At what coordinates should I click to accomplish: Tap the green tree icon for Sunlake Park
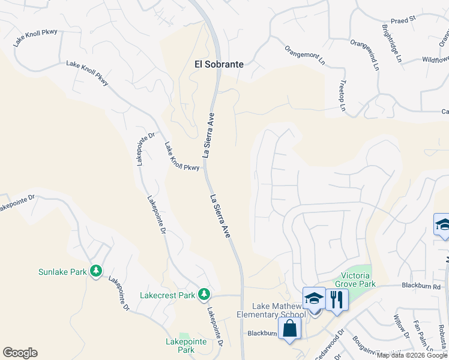point(95,271)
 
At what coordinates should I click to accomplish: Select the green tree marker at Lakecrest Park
point(205,294)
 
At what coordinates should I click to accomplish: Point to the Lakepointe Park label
point(186,346)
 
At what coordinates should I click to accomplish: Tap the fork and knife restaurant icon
point(337,298)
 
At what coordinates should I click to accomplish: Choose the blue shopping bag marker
point(289,328)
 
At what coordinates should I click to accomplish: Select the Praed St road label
point(403,20)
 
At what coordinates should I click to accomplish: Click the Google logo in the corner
point(20,353)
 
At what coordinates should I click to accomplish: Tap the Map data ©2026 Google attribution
point(411,355)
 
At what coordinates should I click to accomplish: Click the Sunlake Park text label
point(62,272)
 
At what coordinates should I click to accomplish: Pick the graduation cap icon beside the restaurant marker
point(315,298)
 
